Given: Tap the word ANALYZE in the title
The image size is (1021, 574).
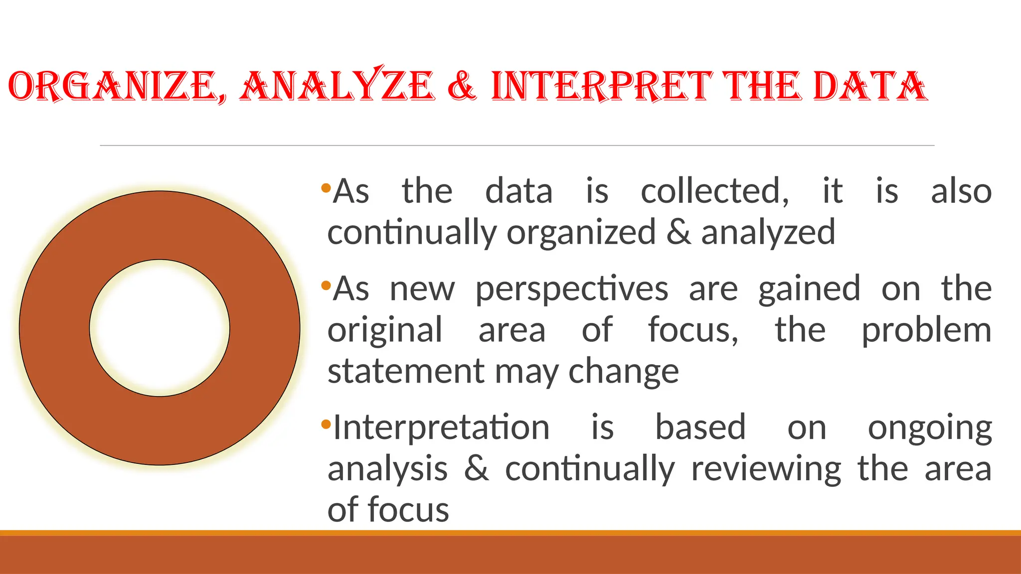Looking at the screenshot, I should click(338, 86).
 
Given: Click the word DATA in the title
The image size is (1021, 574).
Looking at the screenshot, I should click(870, 86).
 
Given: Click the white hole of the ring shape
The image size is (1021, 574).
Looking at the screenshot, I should click(160, 328).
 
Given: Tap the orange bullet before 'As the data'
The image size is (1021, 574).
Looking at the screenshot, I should click(326, 188).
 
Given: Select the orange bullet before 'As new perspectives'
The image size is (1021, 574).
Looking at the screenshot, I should click(326, 286).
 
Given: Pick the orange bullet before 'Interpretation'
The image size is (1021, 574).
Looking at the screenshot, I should click(326, 425).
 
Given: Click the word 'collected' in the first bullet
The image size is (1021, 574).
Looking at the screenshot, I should click(714, 191).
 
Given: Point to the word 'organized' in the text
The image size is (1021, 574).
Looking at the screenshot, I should click(581, 233).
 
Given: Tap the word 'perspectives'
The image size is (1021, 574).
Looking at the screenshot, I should click(571, 289).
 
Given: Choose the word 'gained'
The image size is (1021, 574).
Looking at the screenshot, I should click(809, 289).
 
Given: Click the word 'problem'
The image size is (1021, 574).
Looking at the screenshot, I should click(926, 330).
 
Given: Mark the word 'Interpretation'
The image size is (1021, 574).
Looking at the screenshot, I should click(441, 428).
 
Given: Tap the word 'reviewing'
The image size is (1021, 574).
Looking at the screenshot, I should click(766, 470).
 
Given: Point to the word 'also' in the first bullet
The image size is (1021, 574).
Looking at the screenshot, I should click(961, 191).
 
